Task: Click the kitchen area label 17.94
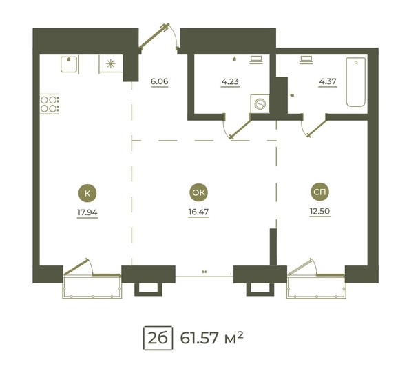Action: [87, 212]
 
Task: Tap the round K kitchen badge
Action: [87, 193]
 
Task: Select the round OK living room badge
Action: [198, 192]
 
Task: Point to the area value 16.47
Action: [198, 212]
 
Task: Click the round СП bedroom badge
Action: [319, 192]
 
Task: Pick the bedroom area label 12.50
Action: [319, 211]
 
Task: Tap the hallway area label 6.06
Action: [159, 81]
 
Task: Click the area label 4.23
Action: [230, 81]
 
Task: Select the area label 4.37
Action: [328, 81]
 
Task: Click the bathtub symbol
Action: [356, 82]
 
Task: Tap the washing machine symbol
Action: [260, 104]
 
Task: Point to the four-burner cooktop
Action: [49, 104]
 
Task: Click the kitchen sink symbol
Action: [69, 64]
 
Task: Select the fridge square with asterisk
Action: [111, 63]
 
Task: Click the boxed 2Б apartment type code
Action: [158, 338]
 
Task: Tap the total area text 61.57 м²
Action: [211, 338]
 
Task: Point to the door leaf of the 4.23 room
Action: [240, 128]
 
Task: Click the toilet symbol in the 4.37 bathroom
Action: [306, 59]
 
